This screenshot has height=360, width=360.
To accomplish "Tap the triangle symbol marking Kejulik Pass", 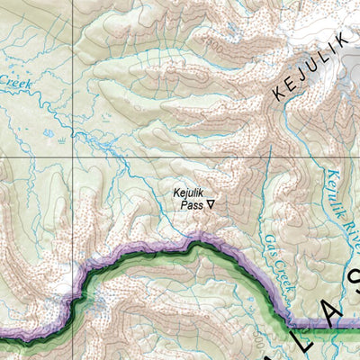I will pos(211,204).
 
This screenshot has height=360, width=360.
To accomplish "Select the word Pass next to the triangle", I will pos(192,204).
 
